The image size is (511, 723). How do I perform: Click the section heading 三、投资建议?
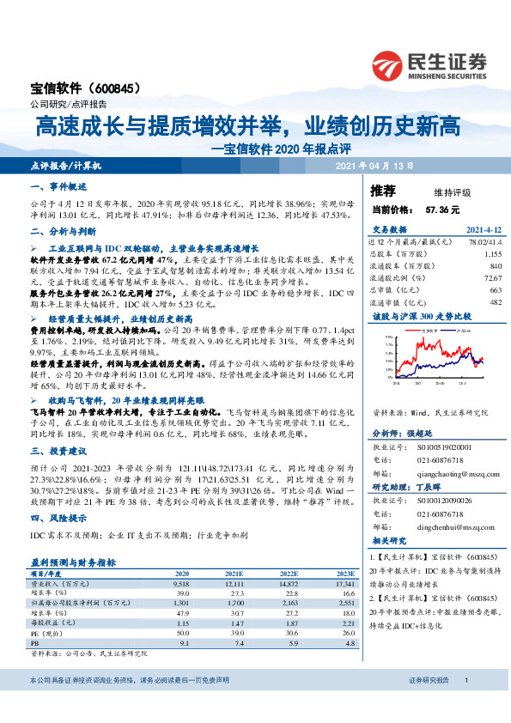point(57,450)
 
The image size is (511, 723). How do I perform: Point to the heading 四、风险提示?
point(57,519)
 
